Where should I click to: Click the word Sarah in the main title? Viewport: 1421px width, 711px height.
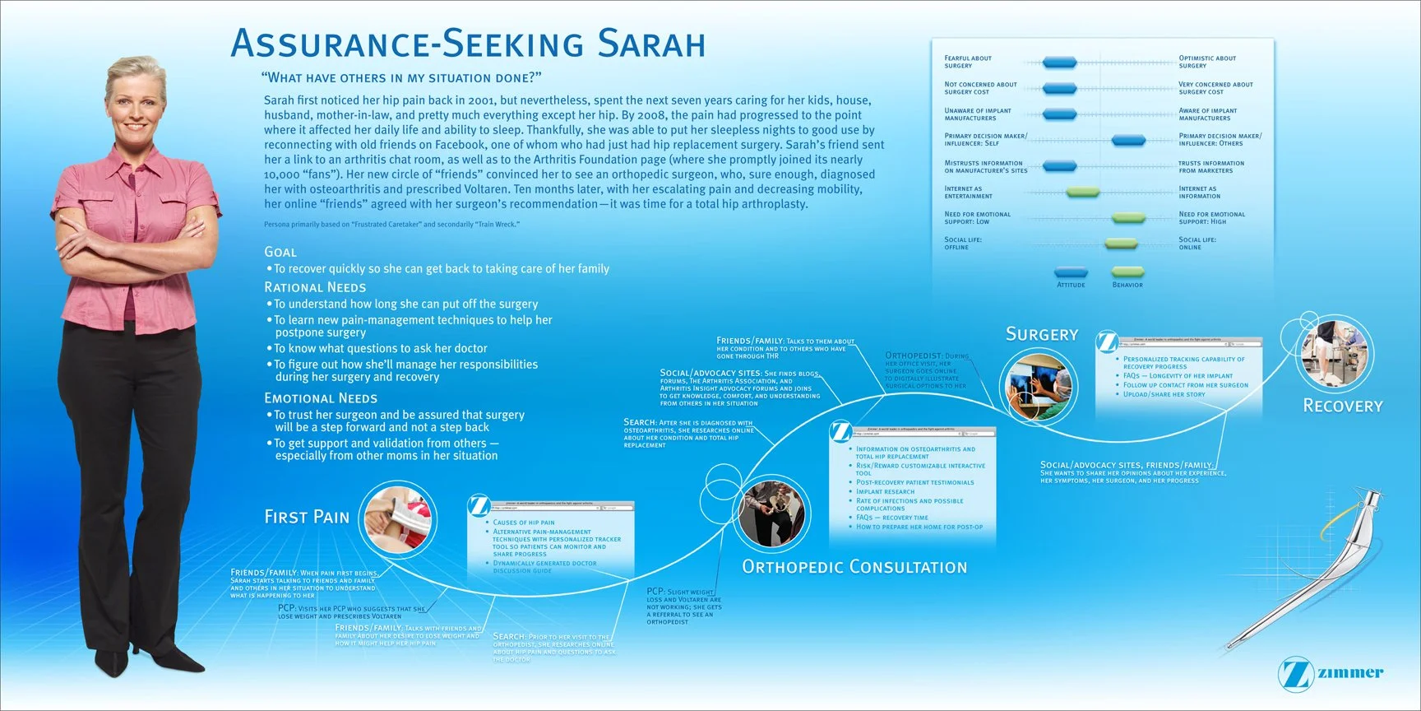point(651,44)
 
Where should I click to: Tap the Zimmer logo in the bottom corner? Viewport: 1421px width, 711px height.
point(1331,673)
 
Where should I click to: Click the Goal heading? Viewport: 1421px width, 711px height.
point(280,252)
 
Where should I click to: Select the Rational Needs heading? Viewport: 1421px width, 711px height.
point(315,287)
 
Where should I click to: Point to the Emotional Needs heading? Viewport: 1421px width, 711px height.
point(321,398)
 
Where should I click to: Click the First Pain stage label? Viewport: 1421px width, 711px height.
point(307,517)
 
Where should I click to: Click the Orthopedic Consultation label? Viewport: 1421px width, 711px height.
point(854,567)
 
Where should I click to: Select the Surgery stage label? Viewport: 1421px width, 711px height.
point(1042,334)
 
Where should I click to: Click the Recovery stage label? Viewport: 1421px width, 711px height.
point(1343,406)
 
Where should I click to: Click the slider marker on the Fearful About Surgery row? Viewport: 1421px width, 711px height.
point(1059,63)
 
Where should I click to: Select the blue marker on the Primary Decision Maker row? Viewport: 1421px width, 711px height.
point(1128,141)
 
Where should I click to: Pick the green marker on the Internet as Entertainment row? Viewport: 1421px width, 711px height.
point(1082,193)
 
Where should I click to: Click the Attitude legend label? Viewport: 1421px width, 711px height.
point(1071,285)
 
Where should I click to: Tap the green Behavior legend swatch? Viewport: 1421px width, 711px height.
point(1127,272)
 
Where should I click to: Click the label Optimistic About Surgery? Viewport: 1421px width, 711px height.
point(1207,62)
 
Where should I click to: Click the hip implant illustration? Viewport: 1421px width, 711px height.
point(1308,568)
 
